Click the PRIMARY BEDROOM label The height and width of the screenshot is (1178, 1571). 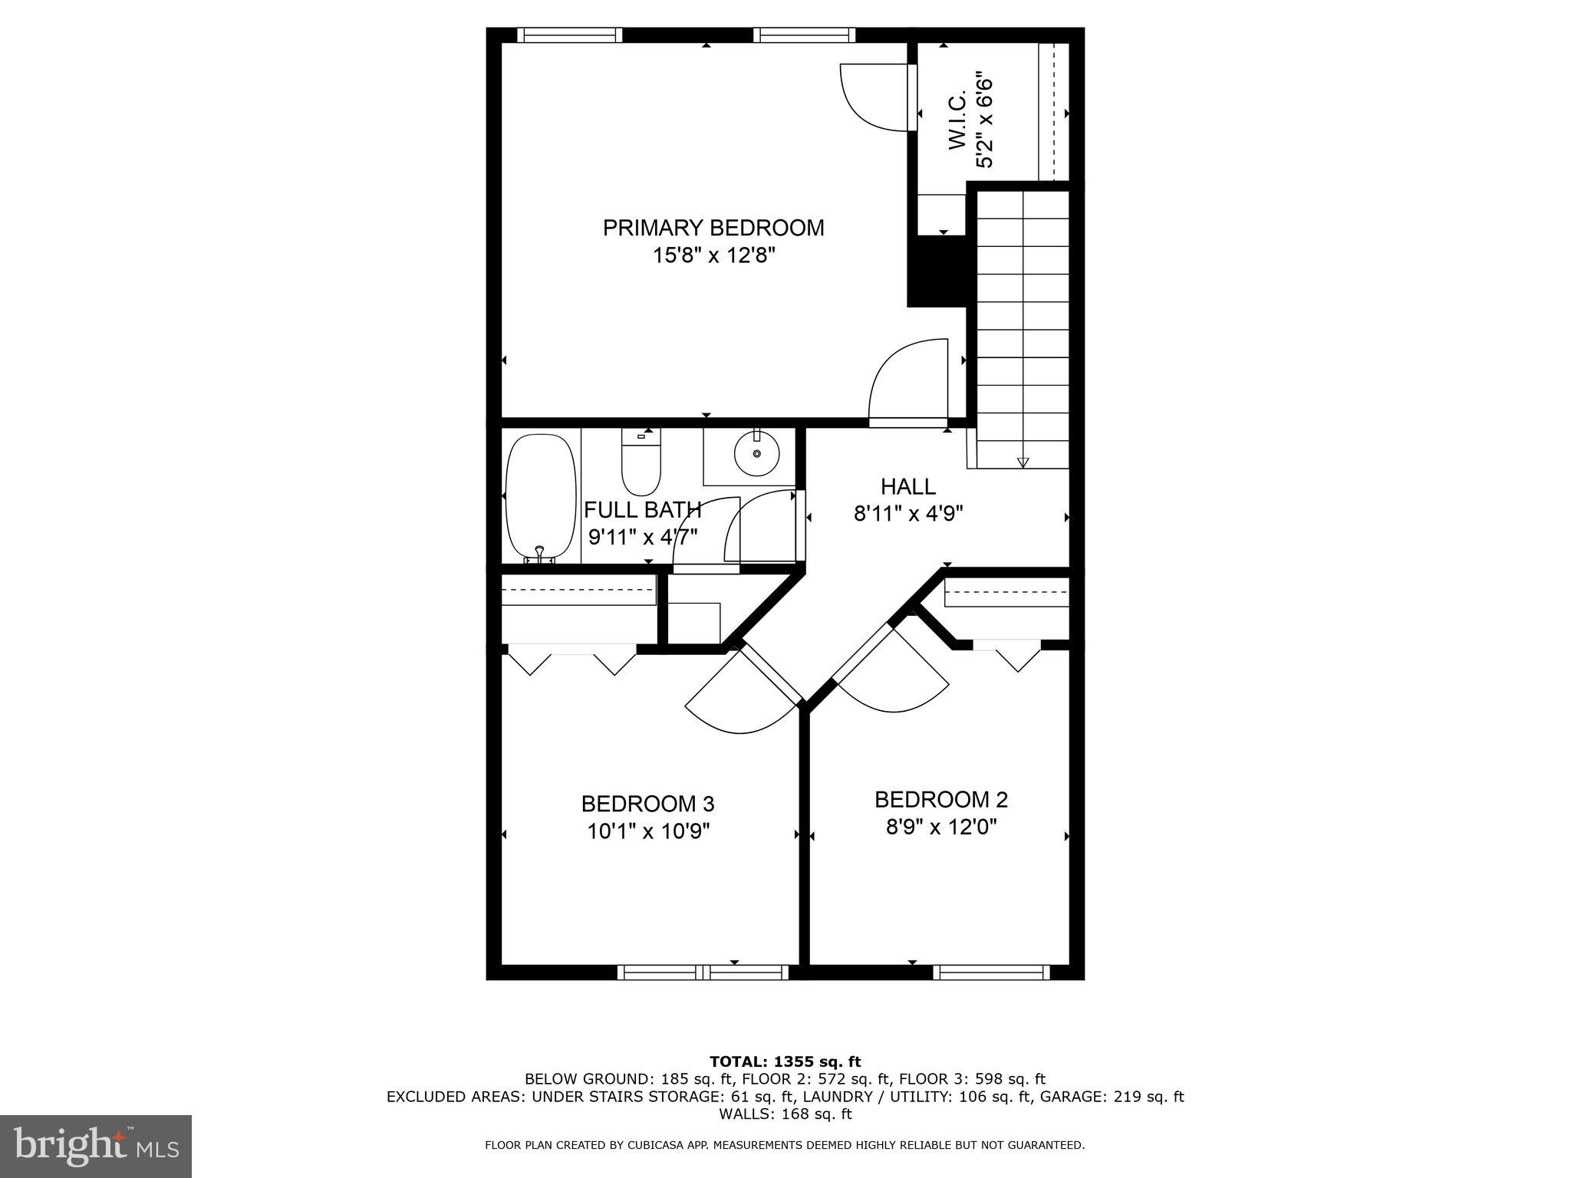(x=713, y=228)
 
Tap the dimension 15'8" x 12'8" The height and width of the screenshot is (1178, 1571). (x=713, y=255)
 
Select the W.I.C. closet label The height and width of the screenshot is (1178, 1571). (x=957, y=121)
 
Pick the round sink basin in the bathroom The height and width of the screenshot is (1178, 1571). (x=757, y=454)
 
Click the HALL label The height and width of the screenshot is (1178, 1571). (x=907, y=486)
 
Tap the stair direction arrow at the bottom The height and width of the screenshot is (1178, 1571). (x=1022, y=462)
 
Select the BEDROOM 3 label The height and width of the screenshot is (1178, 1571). (x=647, y=804)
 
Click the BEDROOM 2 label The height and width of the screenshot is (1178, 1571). (x=940, y=799)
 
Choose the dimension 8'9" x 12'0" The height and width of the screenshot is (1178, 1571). (x=940, y=827)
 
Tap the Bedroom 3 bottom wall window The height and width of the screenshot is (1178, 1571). (x=703, y=972)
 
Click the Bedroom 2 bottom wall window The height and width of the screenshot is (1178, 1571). (x=990, y=972)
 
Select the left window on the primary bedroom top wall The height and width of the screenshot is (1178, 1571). (x=568, y=35)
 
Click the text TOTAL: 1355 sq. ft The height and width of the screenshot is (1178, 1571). (x=785, y=1061)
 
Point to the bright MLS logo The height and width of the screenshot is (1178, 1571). (x=95, y=1146)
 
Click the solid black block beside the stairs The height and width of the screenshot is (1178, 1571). (x=937, y=271)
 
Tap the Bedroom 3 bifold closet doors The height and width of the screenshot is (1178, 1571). (x=572, y=660)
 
